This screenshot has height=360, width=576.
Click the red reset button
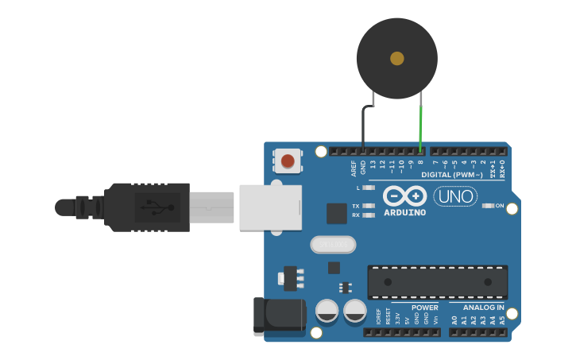(287, 162)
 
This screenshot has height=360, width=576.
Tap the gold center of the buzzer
(397, 58)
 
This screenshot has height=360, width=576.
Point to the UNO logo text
(454, 196)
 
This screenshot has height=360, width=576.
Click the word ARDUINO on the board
(405, 212)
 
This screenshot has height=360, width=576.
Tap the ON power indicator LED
(487, 206)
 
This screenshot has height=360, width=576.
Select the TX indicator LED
(368, 205)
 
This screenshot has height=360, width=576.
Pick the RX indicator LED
(368, 215)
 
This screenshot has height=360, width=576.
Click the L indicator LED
(368, 188)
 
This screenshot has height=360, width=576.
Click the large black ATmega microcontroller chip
(437, 282)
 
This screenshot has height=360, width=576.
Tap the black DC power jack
(278, 315)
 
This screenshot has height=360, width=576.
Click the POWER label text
(425, 308)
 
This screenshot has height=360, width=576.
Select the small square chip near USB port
(337, 213)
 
